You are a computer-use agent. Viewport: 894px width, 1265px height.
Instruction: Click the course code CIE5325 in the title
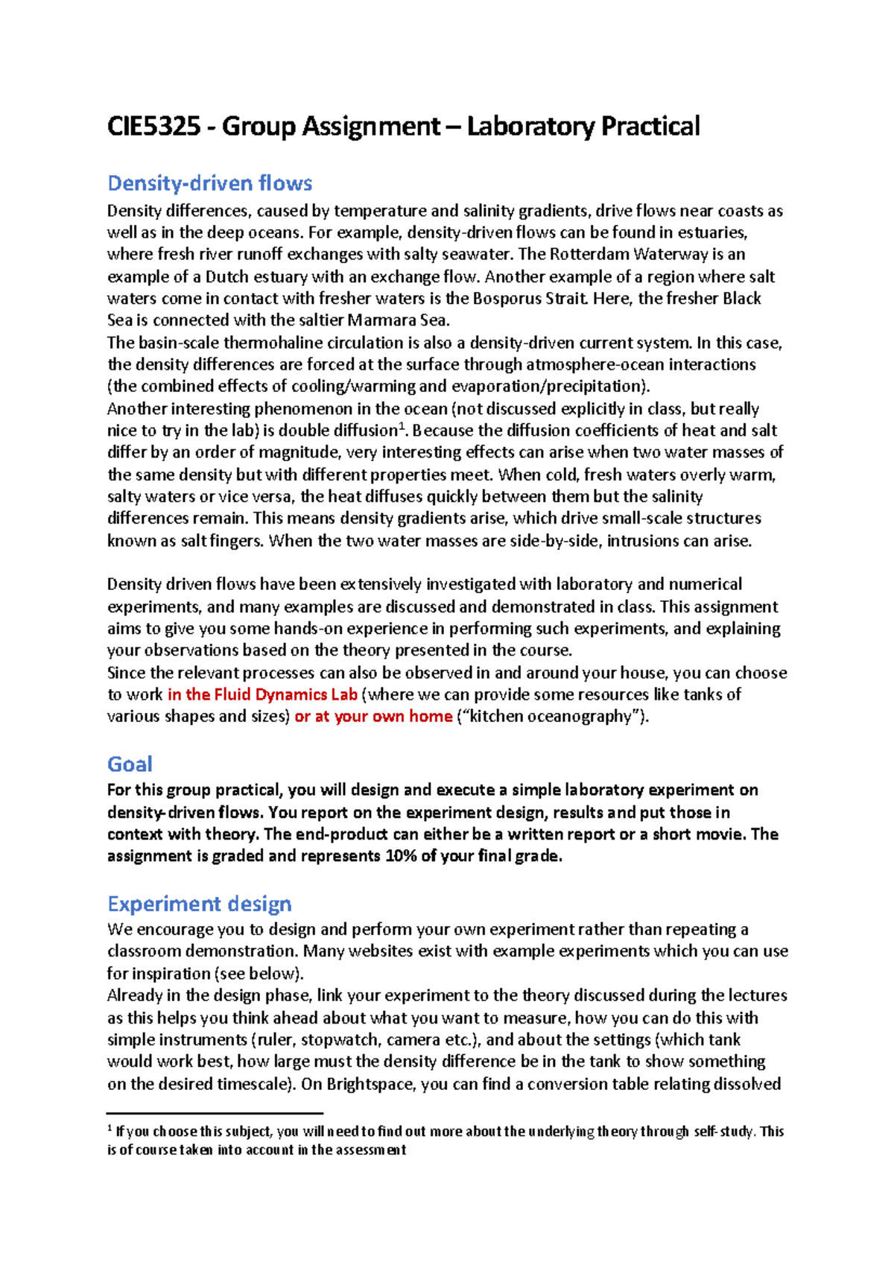tap(153, 127)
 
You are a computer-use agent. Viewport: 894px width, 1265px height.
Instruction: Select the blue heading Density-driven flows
tap(209, 183)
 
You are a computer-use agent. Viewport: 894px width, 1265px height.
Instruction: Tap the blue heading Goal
tap(130, 764)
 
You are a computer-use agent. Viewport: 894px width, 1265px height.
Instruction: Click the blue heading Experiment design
tap(199, 904)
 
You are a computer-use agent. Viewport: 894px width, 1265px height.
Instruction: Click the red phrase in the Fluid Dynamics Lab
tap(262, 695)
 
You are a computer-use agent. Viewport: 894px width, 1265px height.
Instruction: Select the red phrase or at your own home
tap(373, 717)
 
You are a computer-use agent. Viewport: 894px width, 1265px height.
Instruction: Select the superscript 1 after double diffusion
tap(401, 425)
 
